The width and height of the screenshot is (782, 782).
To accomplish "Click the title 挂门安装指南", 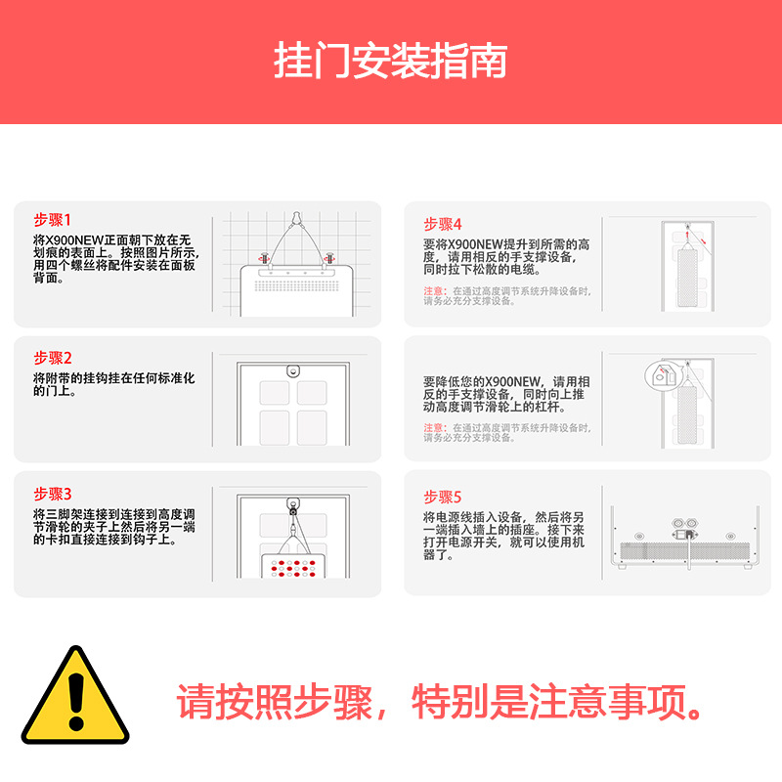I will tap(390, 61).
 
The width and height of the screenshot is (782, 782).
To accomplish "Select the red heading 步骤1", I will tap(53, 220).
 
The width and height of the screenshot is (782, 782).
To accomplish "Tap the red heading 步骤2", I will tap(53, 358).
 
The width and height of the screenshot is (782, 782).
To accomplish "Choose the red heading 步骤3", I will tap(53, 494).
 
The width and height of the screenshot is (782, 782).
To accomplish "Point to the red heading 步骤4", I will tap(442, 224).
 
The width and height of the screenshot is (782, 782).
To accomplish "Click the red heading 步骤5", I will tap(442, 497).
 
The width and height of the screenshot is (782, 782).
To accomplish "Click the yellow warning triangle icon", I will tap(75, 696).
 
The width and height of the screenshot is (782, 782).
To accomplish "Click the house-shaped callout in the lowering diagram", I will tap(663, 373).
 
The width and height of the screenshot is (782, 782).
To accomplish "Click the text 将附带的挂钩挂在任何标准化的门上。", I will tap(114, 384).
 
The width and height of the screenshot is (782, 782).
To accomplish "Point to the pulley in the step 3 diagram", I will tap(292, 507).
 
